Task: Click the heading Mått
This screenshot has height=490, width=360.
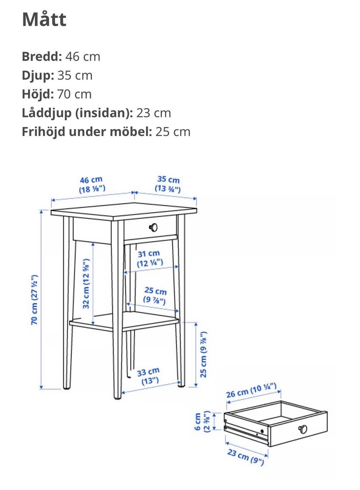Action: (x=44, y=20)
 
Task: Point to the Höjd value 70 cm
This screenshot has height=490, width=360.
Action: (x=74, y=94)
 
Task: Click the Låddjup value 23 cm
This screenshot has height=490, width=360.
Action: (x=153, y=113)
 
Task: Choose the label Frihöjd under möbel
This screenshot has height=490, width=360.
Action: (x=87, y=132)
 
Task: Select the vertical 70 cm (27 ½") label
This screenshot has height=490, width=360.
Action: (x=34, y=300)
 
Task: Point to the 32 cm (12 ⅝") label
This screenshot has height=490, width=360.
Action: (x=86, y=284)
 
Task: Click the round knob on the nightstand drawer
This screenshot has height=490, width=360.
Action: (x=153, y=227)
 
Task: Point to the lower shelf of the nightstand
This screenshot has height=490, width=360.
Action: (x=124, y=321)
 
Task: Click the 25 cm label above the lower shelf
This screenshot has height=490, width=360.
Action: (x=155, y=296)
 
